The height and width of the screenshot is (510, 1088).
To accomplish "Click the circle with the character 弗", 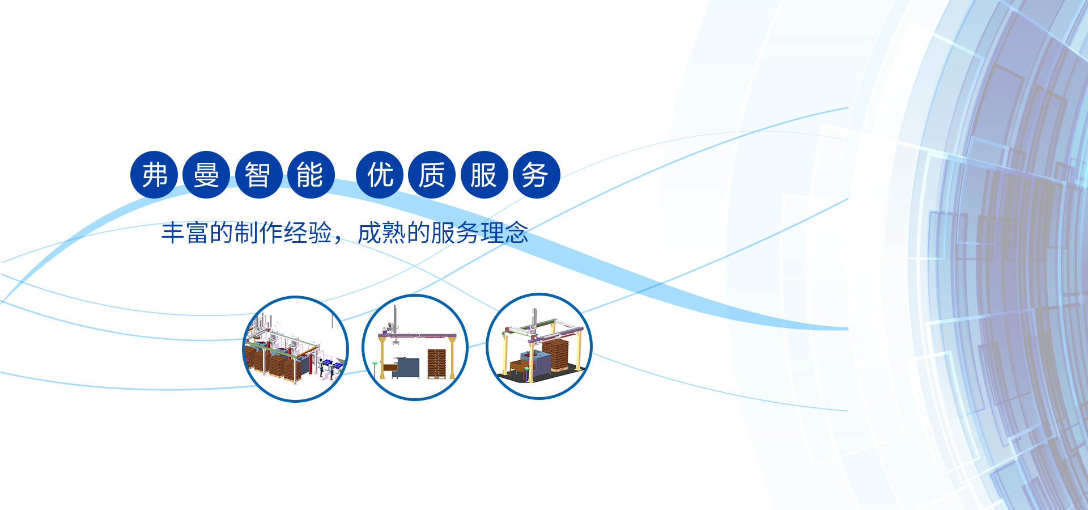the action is (154, 175).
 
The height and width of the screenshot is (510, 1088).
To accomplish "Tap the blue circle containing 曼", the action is (206, 175).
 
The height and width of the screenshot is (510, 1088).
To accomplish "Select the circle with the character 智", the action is (258, 175).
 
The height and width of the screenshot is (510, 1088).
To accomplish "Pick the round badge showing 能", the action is (311, 175).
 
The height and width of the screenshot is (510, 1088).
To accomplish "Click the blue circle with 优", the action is (380, 175).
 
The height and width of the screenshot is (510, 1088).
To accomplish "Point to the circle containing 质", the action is (432, 175).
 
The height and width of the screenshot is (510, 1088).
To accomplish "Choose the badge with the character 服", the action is (484, 175).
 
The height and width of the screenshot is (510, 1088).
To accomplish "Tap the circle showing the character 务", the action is (536, 175).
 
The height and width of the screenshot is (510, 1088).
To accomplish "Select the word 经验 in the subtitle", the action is (308, 233).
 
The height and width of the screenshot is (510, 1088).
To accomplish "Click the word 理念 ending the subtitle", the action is (504, 233).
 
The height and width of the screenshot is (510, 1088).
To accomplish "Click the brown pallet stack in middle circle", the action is (437, 364).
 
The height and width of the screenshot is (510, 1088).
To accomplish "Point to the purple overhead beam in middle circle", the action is (416, 336).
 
